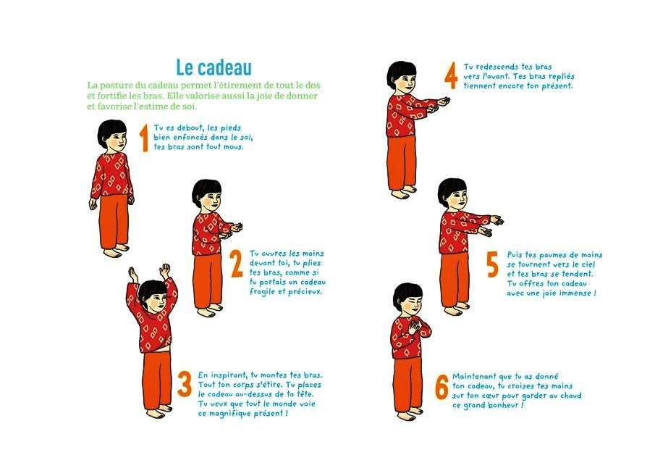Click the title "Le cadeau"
coord(214,67)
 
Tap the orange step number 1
coord(144,138)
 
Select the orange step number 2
coord(237,264)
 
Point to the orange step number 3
coord(185,383)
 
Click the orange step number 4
coord(451,75)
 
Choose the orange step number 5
coord(493,264)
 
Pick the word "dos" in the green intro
coord(313,85)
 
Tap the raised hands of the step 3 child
coord(150,272)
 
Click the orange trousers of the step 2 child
coord(207,280)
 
